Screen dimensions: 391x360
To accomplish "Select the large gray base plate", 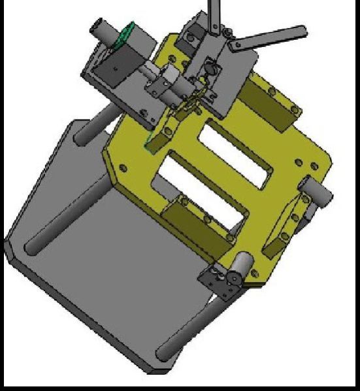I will pyautogui.click(x=98, y=261).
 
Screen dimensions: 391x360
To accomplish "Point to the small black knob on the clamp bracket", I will pyautogui.click(x=210, y=67).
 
